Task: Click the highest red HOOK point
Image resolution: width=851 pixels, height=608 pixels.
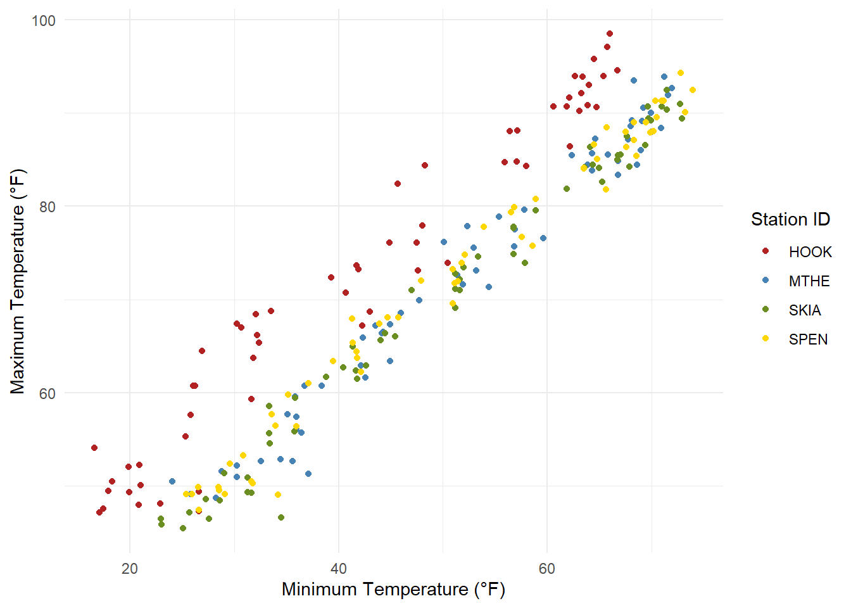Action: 610,34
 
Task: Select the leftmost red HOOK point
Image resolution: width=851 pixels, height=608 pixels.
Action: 94,448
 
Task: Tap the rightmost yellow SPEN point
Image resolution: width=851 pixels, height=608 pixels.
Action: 693,90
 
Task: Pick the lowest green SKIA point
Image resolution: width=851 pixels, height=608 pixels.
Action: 183,528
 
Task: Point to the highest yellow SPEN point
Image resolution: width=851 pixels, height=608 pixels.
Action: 681,73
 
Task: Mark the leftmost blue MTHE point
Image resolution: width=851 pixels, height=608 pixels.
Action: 172,481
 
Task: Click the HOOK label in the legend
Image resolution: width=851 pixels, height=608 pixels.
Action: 810,252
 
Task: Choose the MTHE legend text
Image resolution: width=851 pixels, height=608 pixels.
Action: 809,281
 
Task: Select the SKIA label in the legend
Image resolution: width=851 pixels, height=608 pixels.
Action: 804,310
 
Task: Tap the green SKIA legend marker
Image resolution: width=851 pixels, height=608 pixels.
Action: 766,310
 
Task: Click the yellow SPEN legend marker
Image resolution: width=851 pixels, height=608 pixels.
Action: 766,339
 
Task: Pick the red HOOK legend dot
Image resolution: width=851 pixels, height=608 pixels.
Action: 766,251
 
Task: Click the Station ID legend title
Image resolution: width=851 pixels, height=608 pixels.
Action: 790,219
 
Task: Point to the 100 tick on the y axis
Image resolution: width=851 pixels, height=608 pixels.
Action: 44,20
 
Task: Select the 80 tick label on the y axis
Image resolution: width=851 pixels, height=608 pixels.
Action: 47,206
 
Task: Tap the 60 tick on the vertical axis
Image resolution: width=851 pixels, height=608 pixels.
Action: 47,393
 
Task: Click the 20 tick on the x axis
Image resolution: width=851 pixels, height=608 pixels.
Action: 130,568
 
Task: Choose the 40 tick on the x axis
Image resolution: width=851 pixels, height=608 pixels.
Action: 339,568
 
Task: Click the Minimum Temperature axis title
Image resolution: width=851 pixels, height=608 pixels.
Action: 393,590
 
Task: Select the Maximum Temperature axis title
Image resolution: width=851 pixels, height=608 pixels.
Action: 18,281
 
